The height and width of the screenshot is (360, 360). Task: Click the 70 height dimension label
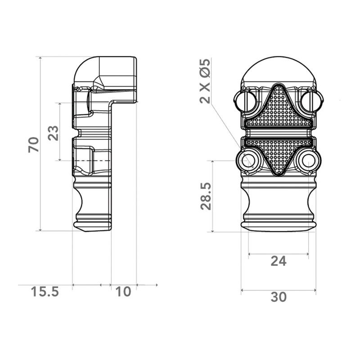click(33, 144)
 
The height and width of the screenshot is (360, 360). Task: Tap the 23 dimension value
click(53, 133)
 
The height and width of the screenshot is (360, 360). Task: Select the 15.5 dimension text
click(45, 291)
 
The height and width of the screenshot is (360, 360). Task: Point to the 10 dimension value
click(123, 292)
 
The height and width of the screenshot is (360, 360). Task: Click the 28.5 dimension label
click(206, 196)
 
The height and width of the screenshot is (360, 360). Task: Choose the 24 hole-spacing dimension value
click(279, 261)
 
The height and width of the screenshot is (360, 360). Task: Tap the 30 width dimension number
click(279, 297)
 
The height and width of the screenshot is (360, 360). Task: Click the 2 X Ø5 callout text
click(205, 81)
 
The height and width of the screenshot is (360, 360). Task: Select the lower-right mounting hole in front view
click(308, 160)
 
